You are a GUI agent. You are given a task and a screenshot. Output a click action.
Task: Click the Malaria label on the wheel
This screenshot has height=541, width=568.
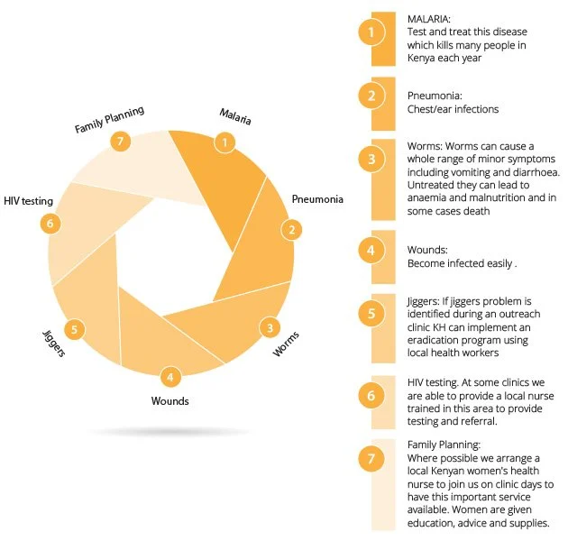234,116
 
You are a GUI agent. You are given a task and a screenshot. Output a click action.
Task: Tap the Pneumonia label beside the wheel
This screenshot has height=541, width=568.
317,198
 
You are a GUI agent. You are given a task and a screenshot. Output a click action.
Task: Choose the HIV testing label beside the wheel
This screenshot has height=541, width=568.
28,201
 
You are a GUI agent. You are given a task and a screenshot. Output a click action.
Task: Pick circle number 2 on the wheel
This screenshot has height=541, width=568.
290,229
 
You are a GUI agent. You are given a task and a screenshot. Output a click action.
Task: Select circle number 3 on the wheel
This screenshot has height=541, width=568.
269,327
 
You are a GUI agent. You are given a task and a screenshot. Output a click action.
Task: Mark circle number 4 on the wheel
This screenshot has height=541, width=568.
169,376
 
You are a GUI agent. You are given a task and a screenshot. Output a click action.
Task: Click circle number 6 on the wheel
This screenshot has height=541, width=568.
51,223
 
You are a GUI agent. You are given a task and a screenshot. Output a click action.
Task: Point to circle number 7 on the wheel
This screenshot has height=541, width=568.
119,142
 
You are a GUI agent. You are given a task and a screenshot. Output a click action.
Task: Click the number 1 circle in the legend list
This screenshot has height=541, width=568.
370,33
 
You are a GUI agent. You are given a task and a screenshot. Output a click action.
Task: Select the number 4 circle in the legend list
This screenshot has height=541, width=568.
370,251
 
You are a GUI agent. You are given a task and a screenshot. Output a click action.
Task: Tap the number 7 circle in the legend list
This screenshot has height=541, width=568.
370,459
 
